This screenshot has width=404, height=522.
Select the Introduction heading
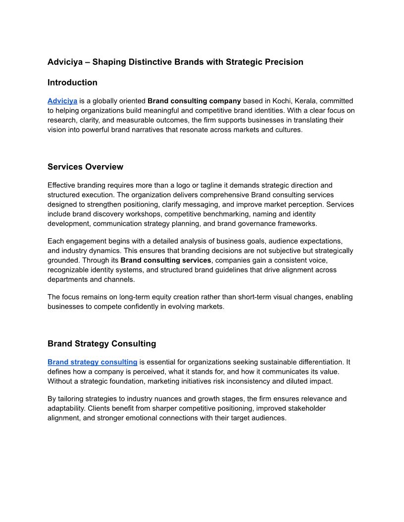72,83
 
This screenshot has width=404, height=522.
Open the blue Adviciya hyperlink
62,101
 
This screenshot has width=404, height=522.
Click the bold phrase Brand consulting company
194,101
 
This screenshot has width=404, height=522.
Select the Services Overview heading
85,167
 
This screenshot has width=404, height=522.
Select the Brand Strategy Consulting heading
101,344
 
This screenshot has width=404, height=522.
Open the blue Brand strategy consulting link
92,362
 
